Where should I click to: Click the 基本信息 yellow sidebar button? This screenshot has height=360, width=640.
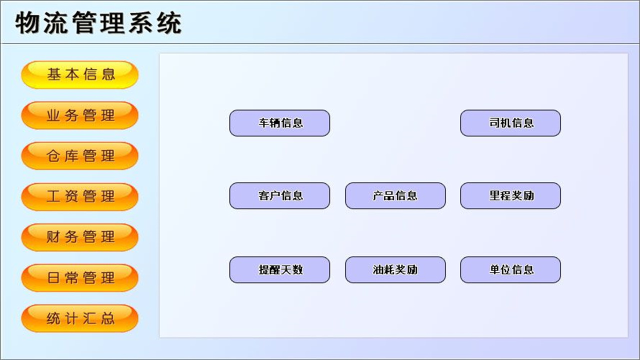[79, 75]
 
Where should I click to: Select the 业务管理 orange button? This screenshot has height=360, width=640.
[79, 115]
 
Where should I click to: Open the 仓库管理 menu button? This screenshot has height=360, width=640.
[79, 156]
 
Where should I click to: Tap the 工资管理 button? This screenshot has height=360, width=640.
[79, 196]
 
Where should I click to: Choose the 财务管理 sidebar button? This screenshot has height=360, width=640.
[79, 237]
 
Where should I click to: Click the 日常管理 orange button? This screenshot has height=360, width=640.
[79, 277]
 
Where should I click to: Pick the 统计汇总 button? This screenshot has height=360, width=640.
[79, 318]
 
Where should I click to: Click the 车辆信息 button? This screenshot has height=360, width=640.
[279, 123]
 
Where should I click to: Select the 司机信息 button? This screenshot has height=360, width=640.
[510, 123]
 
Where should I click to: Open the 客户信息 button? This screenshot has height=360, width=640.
[279, 195]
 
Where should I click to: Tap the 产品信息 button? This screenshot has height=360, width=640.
[395, 195]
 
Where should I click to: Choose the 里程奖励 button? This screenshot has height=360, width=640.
[510, 195]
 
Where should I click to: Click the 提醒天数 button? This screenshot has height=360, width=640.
[279, 270]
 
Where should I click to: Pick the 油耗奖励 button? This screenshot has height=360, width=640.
[395, 270]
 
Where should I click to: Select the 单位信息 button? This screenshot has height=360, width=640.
[510, 270]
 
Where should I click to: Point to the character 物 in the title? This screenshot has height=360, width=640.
[28, 22]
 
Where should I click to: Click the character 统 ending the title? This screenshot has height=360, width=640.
[168, 22]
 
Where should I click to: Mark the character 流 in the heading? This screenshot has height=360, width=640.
[56, 22]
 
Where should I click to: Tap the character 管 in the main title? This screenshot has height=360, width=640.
[84, 22]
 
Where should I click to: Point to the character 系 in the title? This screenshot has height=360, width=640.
[140, 22]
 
